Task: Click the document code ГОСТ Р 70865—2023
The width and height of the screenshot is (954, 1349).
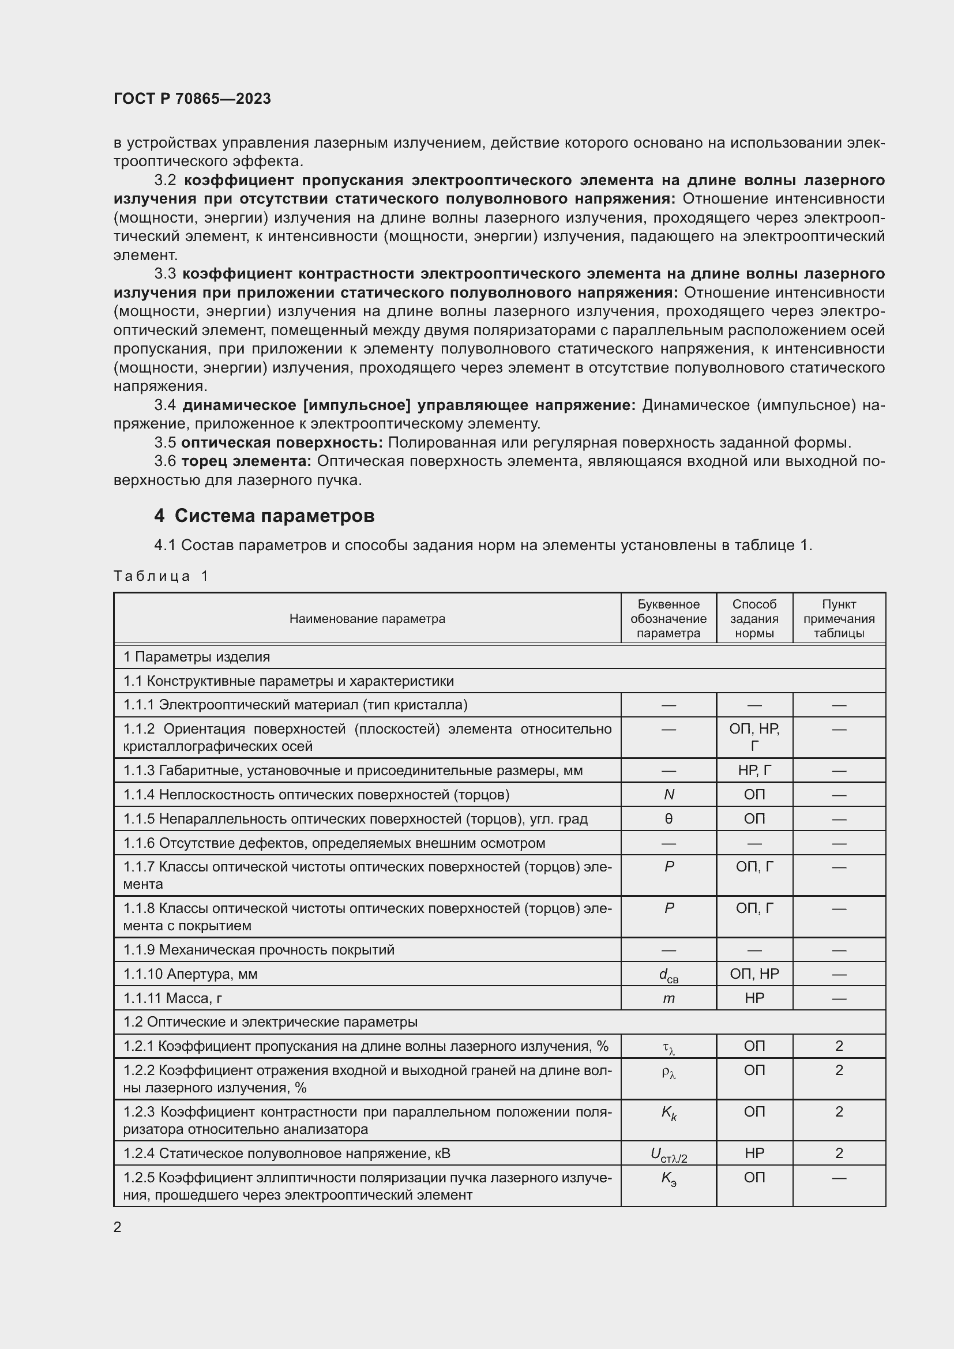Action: (x=192, y=99)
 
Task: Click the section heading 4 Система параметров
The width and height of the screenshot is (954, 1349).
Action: (x=264, y=516)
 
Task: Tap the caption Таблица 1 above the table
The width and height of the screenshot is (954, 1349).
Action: (x=161, y=576)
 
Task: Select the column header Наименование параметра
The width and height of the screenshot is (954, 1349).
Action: (x=367, y=619)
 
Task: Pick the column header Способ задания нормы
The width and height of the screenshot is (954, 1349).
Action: (x=754, y=619)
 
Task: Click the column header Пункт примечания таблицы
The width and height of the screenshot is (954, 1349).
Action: (x=839, y=619)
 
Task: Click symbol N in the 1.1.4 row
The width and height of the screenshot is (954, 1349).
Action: (x=668, y=794)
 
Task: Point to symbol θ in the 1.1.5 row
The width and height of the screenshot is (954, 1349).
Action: (x=668, y=818)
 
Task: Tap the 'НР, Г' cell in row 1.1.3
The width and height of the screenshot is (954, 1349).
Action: (x=754, y=771)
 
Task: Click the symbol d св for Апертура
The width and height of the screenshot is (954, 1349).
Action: (x=668, y=975)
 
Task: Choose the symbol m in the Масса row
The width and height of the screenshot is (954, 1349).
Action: (x=668, y=998)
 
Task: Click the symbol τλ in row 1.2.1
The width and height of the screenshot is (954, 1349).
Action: (x=668, y=1047)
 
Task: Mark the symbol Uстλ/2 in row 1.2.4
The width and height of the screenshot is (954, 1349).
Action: (x=668, y=1155)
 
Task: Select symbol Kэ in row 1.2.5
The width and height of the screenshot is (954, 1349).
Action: (x=668, y=1178)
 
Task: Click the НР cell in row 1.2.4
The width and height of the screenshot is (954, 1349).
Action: (x=754, y=1153)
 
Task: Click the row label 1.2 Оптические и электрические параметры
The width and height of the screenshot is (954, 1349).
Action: (x=270, y=1022)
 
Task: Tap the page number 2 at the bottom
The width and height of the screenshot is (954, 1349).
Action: (x=118, y=1227)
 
